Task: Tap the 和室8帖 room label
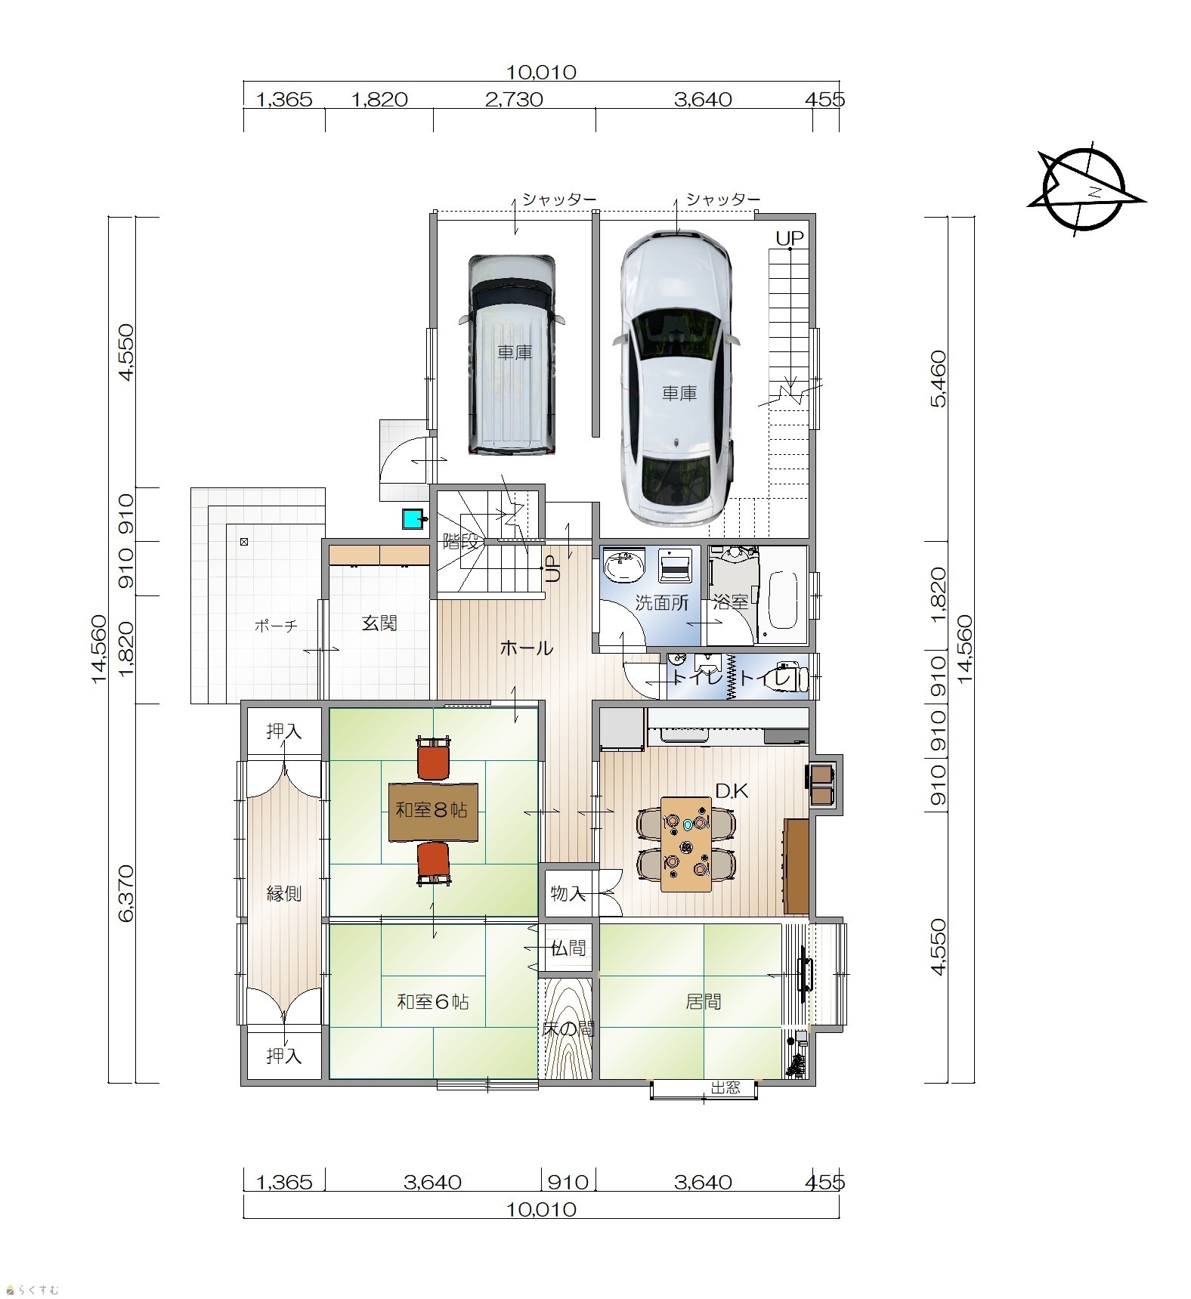(x=432, y=810)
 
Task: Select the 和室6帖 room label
(x=433, y=1002)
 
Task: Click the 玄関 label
(x=379, y=623)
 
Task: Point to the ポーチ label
(x=276, y=625)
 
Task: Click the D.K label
(x=732, y=791)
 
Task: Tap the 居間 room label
(x=703, y=1002)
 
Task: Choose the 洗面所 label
(x=661, y=603)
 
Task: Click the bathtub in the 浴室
(x=783, y=601)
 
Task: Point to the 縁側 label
(x=284, y=894)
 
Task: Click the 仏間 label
(x=568, y=948)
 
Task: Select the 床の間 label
(x=568, y=1028)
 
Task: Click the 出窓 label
(x=725, y=1087)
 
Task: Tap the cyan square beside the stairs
(x=413, y=519)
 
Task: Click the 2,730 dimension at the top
(x=514, y=100)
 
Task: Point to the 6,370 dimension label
(x=125, y=893)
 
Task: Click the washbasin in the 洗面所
(x=624, y=566)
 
